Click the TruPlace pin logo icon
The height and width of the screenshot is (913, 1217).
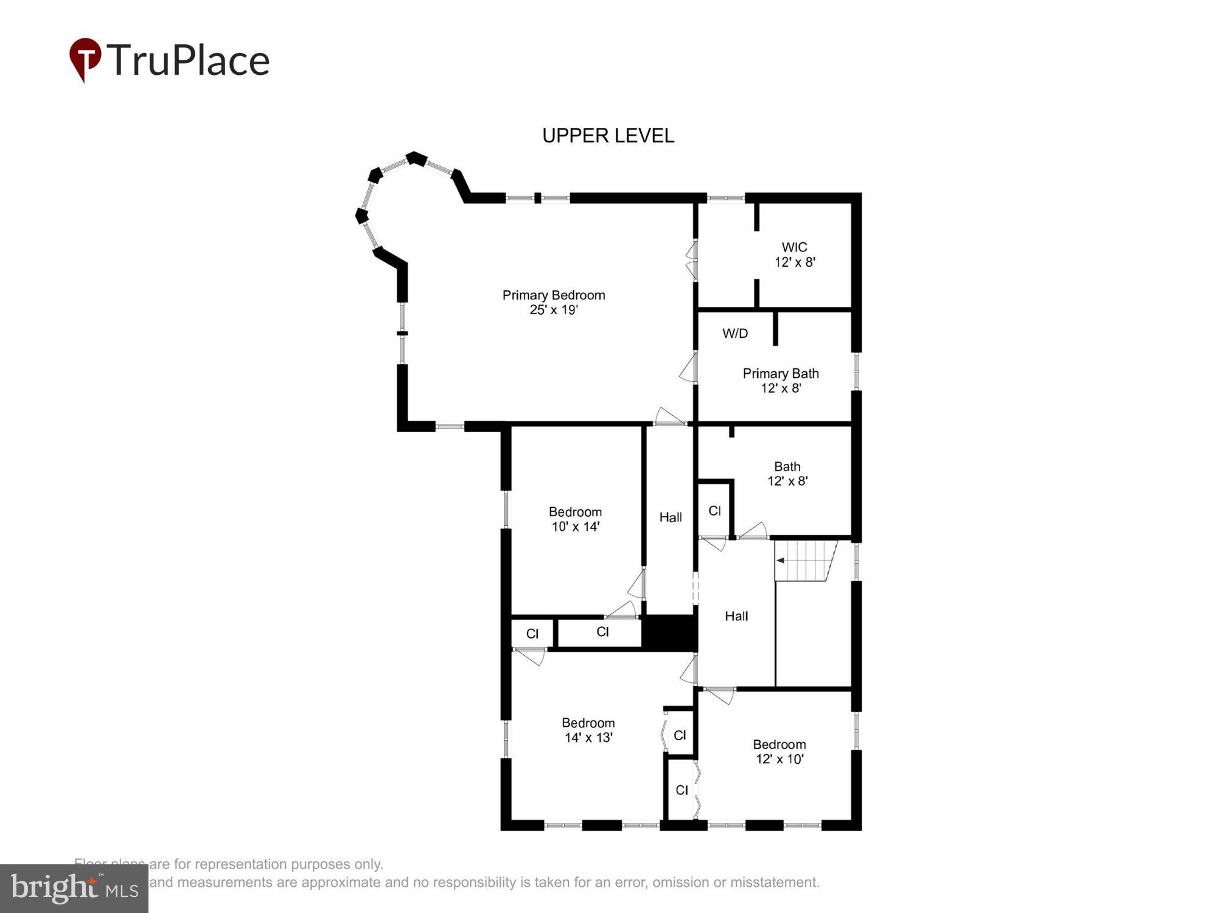(x=85, y=59)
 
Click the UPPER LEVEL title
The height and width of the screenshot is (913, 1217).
(x=608, y=135)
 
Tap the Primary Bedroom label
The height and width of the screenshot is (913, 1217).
(x=553, y=295)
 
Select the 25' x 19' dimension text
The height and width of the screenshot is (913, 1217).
(x=553, y=310)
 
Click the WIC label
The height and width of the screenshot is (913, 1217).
(x=794, y=247)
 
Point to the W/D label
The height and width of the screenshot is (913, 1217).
(x=735, y=334)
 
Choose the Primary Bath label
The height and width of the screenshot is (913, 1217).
(x=780, y=374)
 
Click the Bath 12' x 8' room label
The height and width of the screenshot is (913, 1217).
(x=787, y=474)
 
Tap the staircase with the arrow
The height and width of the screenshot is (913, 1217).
(x=805, y=561)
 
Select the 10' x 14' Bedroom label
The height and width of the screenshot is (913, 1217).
(x=575, y=519)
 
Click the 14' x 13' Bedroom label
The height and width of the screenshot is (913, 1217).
(x=588, y=730)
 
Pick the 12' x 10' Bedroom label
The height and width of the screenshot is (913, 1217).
(x=779, y=752)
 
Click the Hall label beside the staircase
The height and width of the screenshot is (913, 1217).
(x=736, y=616)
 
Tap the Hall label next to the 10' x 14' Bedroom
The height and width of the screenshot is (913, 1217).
(x=671, y=517)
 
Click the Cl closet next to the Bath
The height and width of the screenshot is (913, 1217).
(x=714, y=511)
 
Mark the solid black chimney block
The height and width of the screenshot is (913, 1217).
(x=669, y=632)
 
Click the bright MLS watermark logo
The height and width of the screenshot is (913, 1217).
(x=74, y=889)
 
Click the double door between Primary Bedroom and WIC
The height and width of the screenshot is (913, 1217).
(x=691, y=261)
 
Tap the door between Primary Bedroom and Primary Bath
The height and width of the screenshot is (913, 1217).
(x=689, y=369)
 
